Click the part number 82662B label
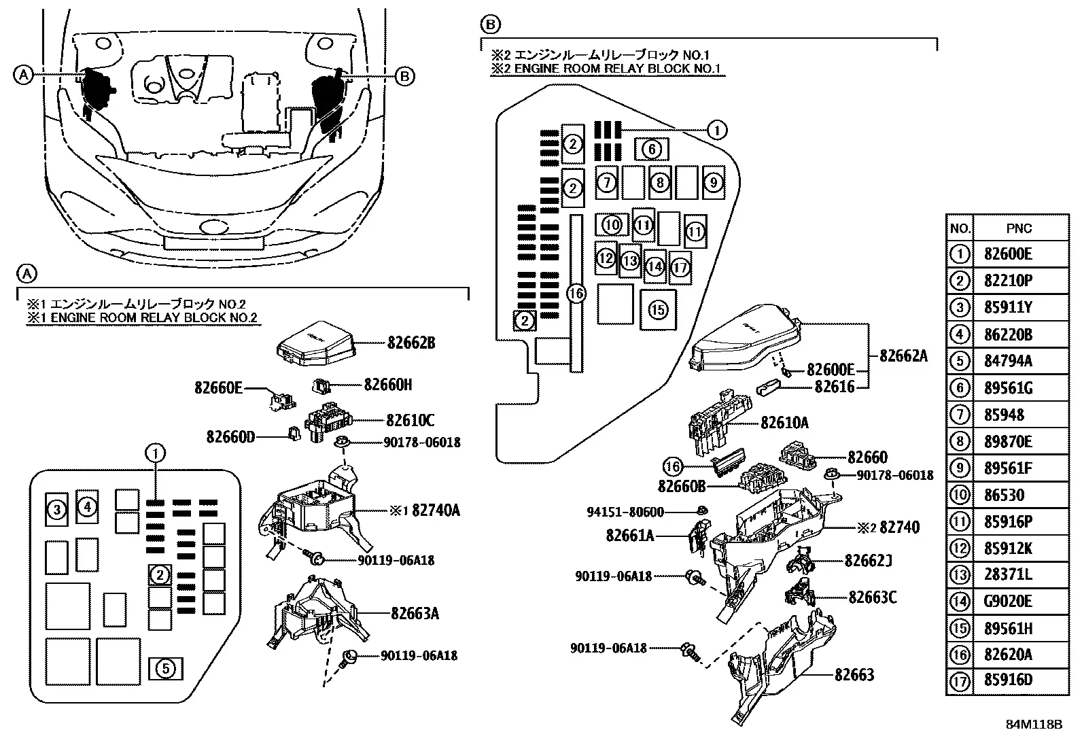[411, 343]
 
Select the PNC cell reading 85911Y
[1008, 307]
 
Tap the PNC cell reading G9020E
[1008, 601]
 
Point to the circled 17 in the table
[960, 681]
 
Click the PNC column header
[1019, 228]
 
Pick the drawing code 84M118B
[1034, 725]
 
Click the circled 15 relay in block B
[658, 310]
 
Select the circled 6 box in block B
[652, 150]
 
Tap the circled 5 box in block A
[166, 669]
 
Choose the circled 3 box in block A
[57, 509]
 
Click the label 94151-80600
[625, 512]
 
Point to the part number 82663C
[873, 597]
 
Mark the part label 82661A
[630, 536]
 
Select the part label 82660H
[388, 385]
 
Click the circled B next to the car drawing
[405, 76]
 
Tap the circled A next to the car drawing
[23, 75]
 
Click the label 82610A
[784, 423]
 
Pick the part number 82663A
[415, 614]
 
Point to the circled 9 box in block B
[714, 182]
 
